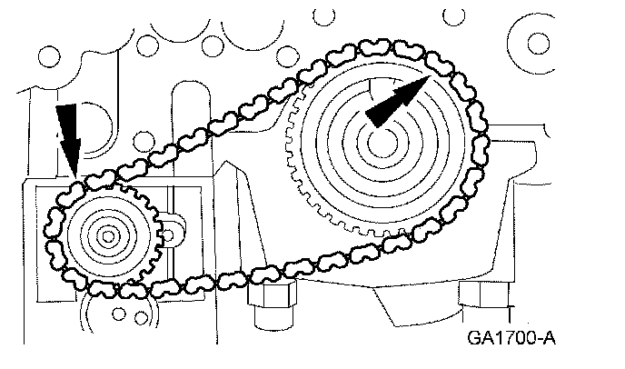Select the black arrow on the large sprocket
[x=397, y=98]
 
